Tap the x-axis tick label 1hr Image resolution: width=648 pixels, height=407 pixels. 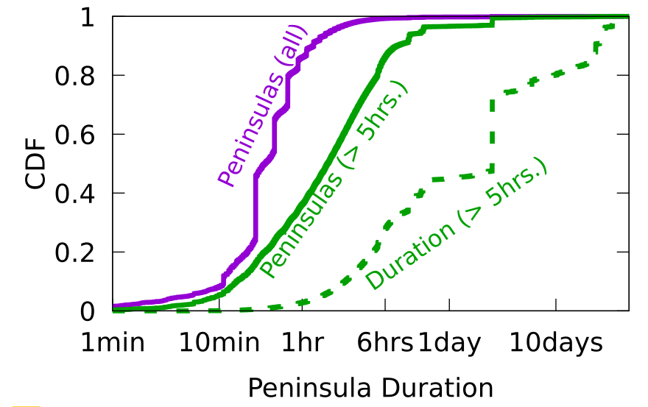click(300, 343)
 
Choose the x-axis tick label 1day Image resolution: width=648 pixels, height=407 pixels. click(449, 343)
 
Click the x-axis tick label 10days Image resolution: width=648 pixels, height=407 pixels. click(557, 343)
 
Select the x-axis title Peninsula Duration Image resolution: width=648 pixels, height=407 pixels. click(370, 388)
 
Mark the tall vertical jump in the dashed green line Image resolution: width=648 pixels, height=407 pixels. click(491, 132)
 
